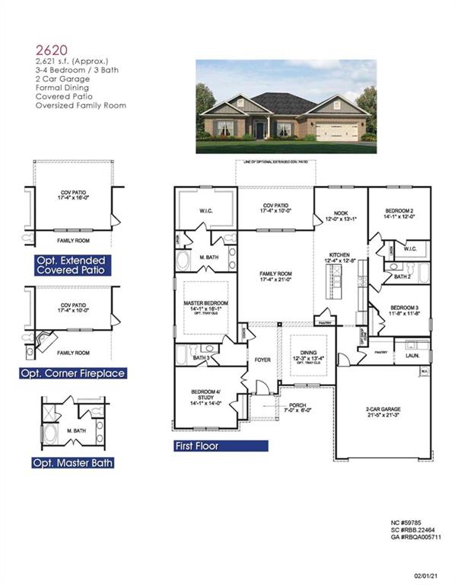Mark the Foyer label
pos(262,360)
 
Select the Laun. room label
pos(414,355)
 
